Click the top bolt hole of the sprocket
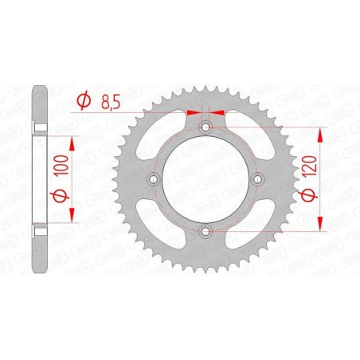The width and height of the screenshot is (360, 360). tap(205, 127)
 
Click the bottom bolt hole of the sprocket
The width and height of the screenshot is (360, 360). tap(205, 231)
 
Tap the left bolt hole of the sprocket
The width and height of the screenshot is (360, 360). tap(154, 179)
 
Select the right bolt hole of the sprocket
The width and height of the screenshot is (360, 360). tap(257, 179)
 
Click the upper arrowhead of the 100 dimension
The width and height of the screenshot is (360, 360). tap(73, 141)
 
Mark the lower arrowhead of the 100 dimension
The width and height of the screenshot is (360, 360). tap(73, 217)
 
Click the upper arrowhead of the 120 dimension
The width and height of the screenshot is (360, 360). tap(322, 132)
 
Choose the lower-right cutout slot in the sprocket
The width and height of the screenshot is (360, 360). tap(246, 220)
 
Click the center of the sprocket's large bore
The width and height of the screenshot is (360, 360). tap(205, 179)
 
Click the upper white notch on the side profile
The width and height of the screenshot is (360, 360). tap(38, 128)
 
